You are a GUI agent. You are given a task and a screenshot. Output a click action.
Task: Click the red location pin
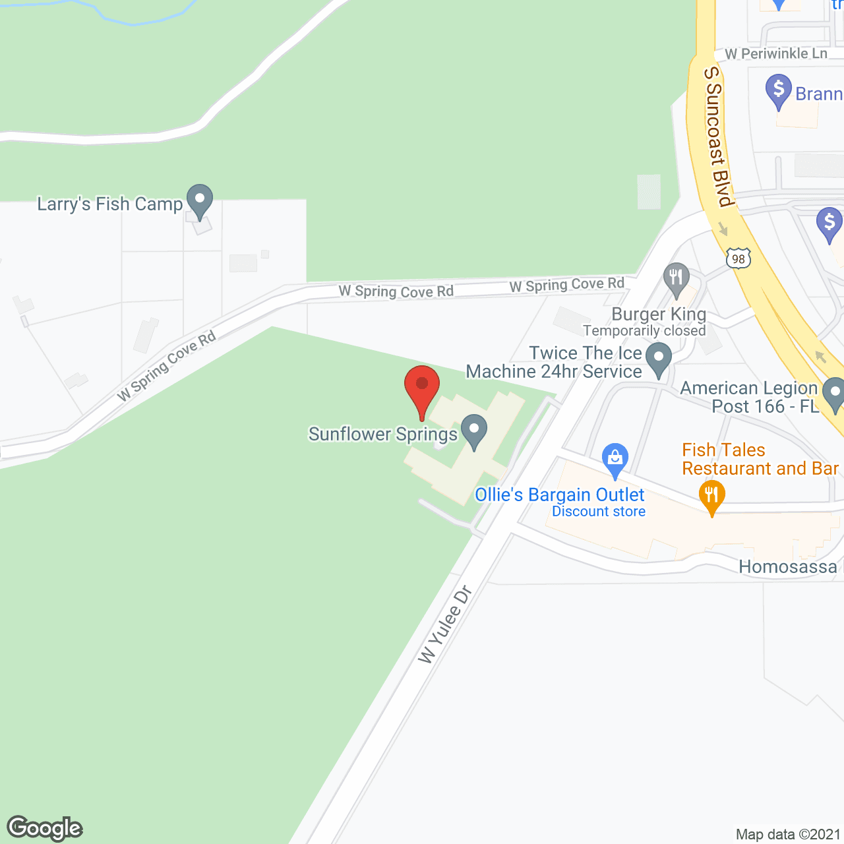coord(421,386)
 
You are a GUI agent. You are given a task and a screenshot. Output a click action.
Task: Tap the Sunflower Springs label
coord(383,434)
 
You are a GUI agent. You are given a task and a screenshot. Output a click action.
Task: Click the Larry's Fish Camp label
coord(109,204)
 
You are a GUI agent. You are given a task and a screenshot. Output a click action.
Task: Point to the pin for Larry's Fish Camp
coord(199,199)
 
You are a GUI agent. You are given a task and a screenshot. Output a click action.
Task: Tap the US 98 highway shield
coord(738,258)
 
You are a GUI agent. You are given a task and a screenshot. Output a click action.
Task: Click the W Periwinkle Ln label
coord(775,53)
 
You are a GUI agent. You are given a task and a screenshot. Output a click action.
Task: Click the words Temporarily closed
coord(644,330)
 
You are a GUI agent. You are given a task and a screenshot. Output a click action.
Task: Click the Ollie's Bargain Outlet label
coord(559,495)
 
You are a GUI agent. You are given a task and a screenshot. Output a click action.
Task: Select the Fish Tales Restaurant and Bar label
coord(760,459)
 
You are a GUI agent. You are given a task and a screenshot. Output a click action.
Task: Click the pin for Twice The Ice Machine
coord(658,359)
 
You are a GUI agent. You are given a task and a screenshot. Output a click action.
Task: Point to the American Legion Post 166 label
coord(749,397)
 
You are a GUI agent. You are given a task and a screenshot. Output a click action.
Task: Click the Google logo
coord(45,828)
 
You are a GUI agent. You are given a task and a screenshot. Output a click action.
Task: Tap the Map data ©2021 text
coord(788,834)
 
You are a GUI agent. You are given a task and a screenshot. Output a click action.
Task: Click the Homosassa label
coord(787,566)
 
